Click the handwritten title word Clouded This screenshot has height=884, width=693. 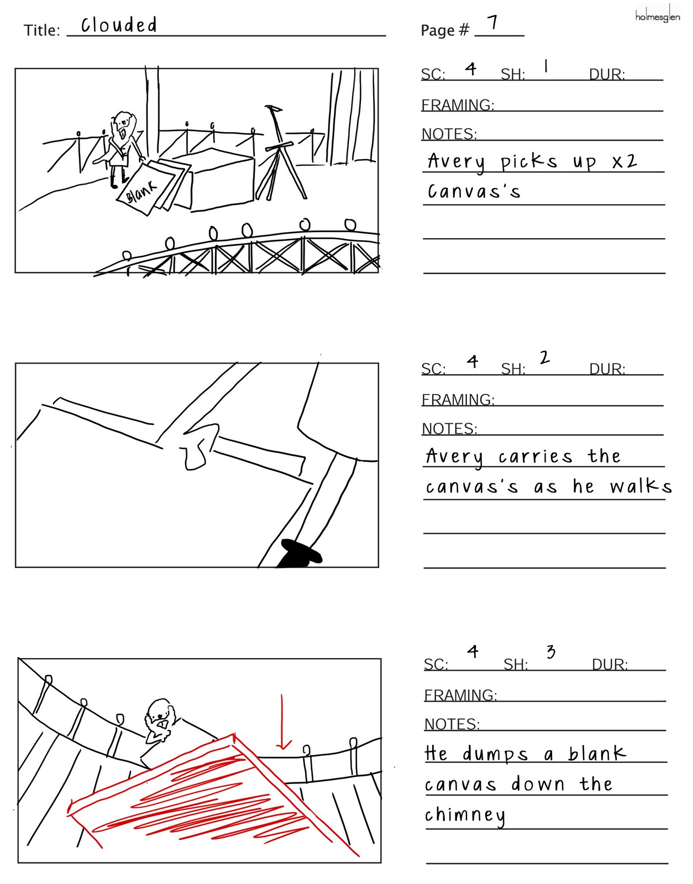119,25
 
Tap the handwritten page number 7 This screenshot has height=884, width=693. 493,23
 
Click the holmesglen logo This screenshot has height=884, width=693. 657,16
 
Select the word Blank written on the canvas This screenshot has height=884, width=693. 141,192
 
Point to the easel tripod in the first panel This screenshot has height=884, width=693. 280,155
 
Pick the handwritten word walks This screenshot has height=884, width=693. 641,486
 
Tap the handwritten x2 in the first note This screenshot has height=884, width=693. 624,161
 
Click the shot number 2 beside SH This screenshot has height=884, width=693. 544,357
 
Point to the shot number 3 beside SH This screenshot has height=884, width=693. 550,652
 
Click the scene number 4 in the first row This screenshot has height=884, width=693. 471,69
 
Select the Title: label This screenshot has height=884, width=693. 42,30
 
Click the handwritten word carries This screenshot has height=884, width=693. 535,456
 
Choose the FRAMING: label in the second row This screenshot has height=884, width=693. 458,399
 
